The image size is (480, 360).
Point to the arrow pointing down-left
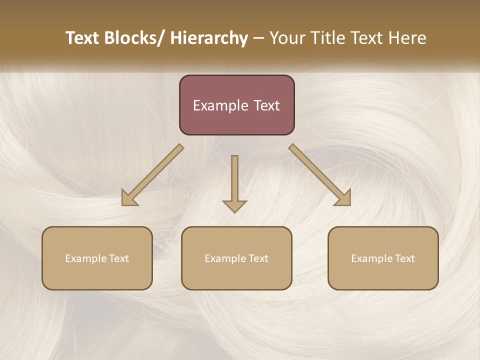tap(153, 175)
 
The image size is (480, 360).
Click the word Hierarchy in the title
tap(209, 38)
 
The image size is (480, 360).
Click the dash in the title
tap(258, 38)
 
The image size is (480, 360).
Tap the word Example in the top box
tap(220, 106)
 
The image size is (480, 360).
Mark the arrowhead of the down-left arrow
tap(128, 199)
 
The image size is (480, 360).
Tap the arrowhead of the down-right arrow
tap(344, 199)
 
